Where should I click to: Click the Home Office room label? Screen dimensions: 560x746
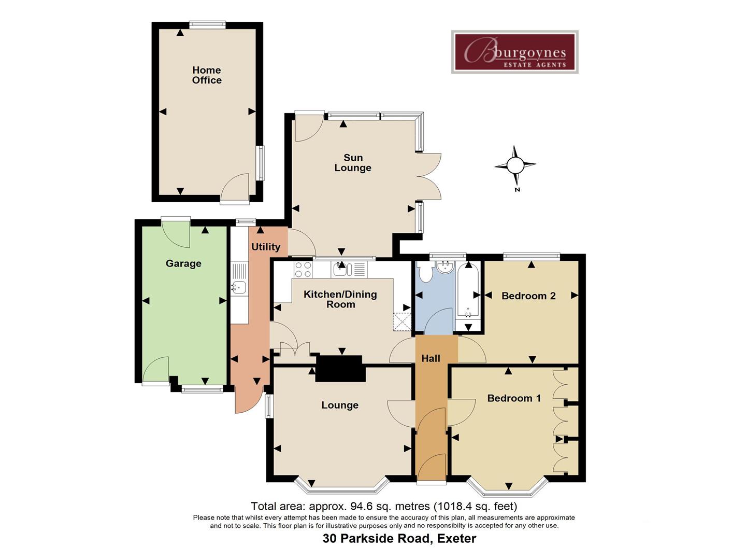[x=207, y=75]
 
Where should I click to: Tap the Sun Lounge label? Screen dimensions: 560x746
[x=353, y=163]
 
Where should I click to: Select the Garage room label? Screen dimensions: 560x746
[x=183, y=263]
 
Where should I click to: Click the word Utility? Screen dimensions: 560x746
[x=266, y=247]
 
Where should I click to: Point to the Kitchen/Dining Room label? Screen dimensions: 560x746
[x=340, y=299]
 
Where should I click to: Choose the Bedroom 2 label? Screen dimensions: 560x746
[x=528, y=296]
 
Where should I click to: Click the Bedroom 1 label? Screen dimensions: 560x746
[x=514, y=398]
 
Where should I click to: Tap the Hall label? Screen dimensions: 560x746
[x=431, y=358]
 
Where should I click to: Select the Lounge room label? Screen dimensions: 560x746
[x=340, y=405]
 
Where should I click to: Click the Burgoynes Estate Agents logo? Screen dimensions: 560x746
[x=514, y=52]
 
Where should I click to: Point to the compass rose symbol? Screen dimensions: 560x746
[x=515, y=166]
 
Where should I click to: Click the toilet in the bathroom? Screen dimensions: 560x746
[x=426, y=272]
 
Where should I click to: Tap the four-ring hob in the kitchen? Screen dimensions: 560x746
[x=303, y=269]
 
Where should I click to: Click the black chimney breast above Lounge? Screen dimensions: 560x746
[x=340, y=368]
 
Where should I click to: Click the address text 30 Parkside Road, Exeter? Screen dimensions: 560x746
[x=399, y=538]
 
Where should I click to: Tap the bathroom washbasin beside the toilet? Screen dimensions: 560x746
[x=444, y=268]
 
